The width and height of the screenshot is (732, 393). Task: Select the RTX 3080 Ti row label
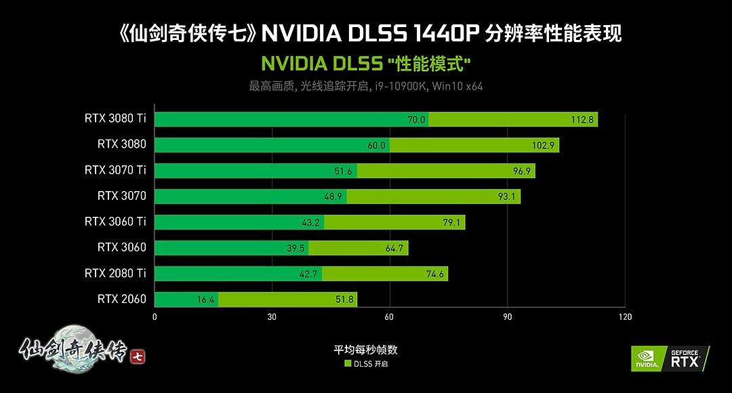(115, 118)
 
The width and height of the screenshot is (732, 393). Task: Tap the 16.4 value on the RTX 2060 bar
(206, 299)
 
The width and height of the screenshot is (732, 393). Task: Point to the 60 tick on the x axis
(390, 316)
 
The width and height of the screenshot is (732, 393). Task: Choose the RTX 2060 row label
(121, 299)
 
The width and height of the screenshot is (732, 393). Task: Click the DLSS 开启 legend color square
(348, 364)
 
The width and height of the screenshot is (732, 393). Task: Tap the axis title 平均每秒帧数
(365, 350)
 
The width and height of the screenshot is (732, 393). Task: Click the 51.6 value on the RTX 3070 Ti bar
(343, 171)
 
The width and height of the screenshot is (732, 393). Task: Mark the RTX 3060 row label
(121, 247)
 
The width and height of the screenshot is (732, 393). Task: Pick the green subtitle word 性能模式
(429, 64)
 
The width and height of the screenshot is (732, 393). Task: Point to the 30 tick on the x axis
(272, 316)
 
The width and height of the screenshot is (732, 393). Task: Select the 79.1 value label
(451, 222)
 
